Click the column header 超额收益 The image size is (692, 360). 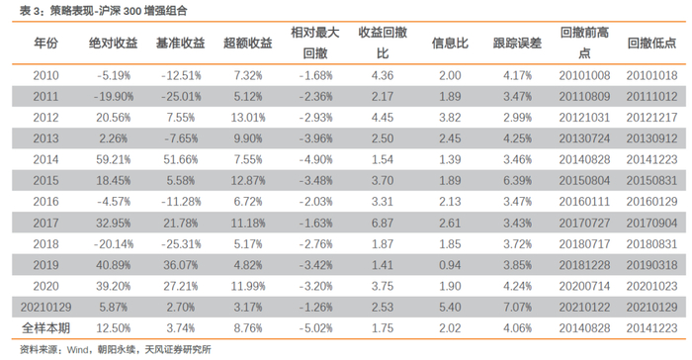[x=247, y=43]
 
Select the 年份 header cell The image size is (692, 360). [x=45, y=43]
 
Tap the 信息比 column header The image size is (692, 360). [x=450, y=43]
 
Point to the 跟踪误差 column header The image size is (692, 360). [x=517, y=43]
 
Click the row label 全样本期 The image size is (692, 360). [x=45, y=328]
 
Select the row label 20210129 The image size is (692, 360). [x=45, y=307]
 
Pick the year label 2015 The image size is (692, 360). [x=45, y=181]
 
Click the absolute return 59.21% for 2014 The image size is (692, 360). [x=114, y=159]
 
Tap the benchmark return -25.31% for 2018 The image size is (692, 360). [x=181, y=244]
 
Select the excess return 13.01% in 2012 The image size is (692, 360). [x=248, y=118]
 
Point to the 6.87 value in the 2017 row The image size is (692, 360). [x=383, y=224]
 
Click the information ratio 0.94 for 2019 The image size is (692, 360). [x=450, y=265]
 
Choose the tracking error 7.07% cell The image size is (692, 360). [x=517, y=307]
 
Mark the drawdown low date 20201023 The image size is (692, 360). [x=651, y=286]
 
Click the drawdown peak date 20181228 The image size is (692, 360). [x=584, y=265]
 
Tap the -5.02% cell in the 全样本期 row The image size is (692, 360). [x=315, y=328]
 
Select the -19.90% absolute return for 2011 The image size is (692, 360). [x=114, y=96]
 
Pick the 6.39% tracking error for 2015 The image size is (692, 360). [x=517, y=181]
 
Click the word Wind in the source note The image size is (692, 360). [x=78, y=350]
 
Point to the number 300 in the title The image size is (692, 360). [x=132, y=11]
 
